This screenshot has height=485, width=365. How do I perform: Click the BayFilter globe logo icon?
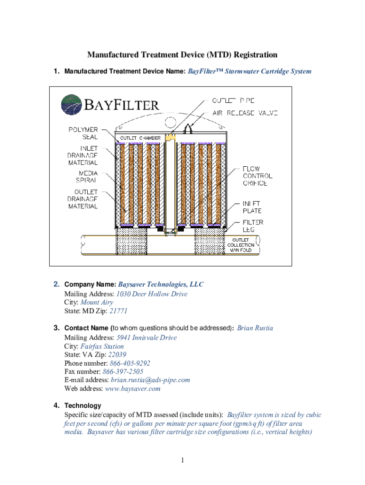(x=72, y=105)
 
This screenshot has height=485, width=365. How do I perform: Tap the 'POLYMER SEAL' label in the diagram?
(x=83, y=133)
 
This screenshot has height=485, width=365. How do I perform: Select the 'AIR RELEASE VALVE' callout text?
(x=245, y=113)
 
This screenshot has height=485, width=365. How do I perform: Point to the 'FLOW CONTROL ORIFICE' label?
(x=257, y=176)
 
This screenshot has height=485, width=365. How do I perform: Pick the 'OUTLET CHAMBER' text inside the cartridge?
(x=140, y=138)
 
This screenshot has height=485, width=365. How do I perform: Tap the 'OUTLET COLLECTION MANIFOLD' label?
(x=241, y=245)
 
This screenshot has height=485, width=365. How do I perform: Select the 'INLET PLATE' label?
(x=252, y=207)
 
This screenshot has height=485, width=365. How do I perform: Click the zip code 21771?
(x=118, y=311)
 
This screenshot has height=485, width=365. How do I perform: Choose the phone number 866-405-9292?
(x=130, y=363)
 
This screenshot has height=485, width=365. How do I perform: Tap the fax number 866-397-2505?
(x=123, y=371)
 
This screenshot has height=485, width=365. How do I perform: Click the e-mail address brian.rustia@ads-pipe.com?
(x=150, y=380)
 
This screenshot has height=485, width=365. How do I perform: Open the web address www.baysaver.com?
(x=133, y=388)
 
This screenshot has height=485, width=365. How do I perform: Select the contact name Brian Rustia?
(x=255, y=328)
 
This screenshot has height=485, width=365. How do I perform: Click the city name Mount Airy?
(x=97, y=302)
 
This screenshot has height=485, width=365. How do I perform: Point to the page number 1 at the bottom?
(x=182, y=460)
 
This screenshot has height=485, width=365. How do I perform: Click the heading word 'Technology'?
(x=82, y=405)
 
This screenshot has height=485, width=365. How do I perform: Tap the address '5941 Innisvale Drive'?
(x=146, y=337)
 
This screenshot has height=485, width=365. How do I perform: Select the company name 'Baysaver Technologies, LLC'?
(x=161, y=284)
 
